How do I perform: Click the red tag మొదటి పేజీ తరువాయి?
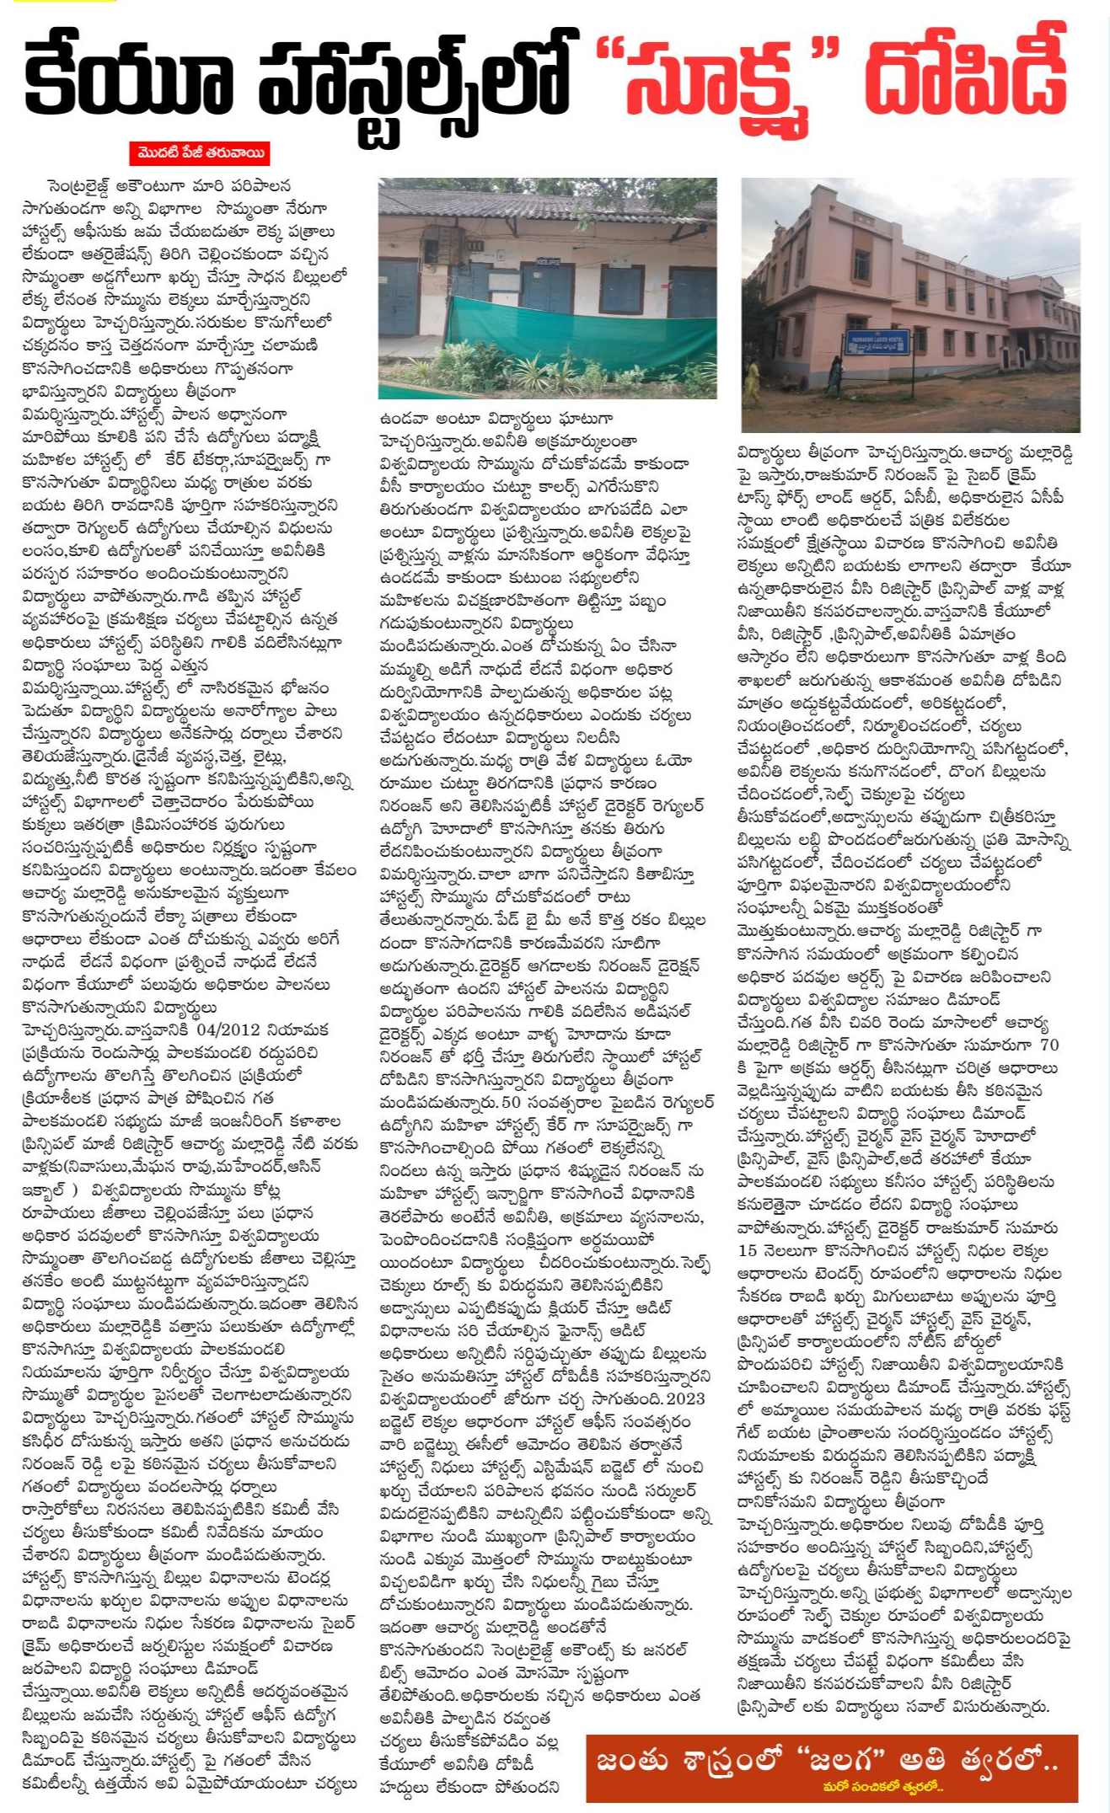(x=200, y=153)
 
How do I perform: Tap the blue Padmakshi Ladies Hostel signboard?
(x=877, y=344)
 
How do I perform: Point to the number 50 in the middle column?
(x=511, y=1102)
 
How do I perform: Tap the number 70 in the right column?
(x=1048, y=1046)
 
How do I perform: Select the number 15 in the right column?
(x=748, y=1250)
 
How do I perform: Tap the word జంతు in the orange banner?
(x=632, y=1762)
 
